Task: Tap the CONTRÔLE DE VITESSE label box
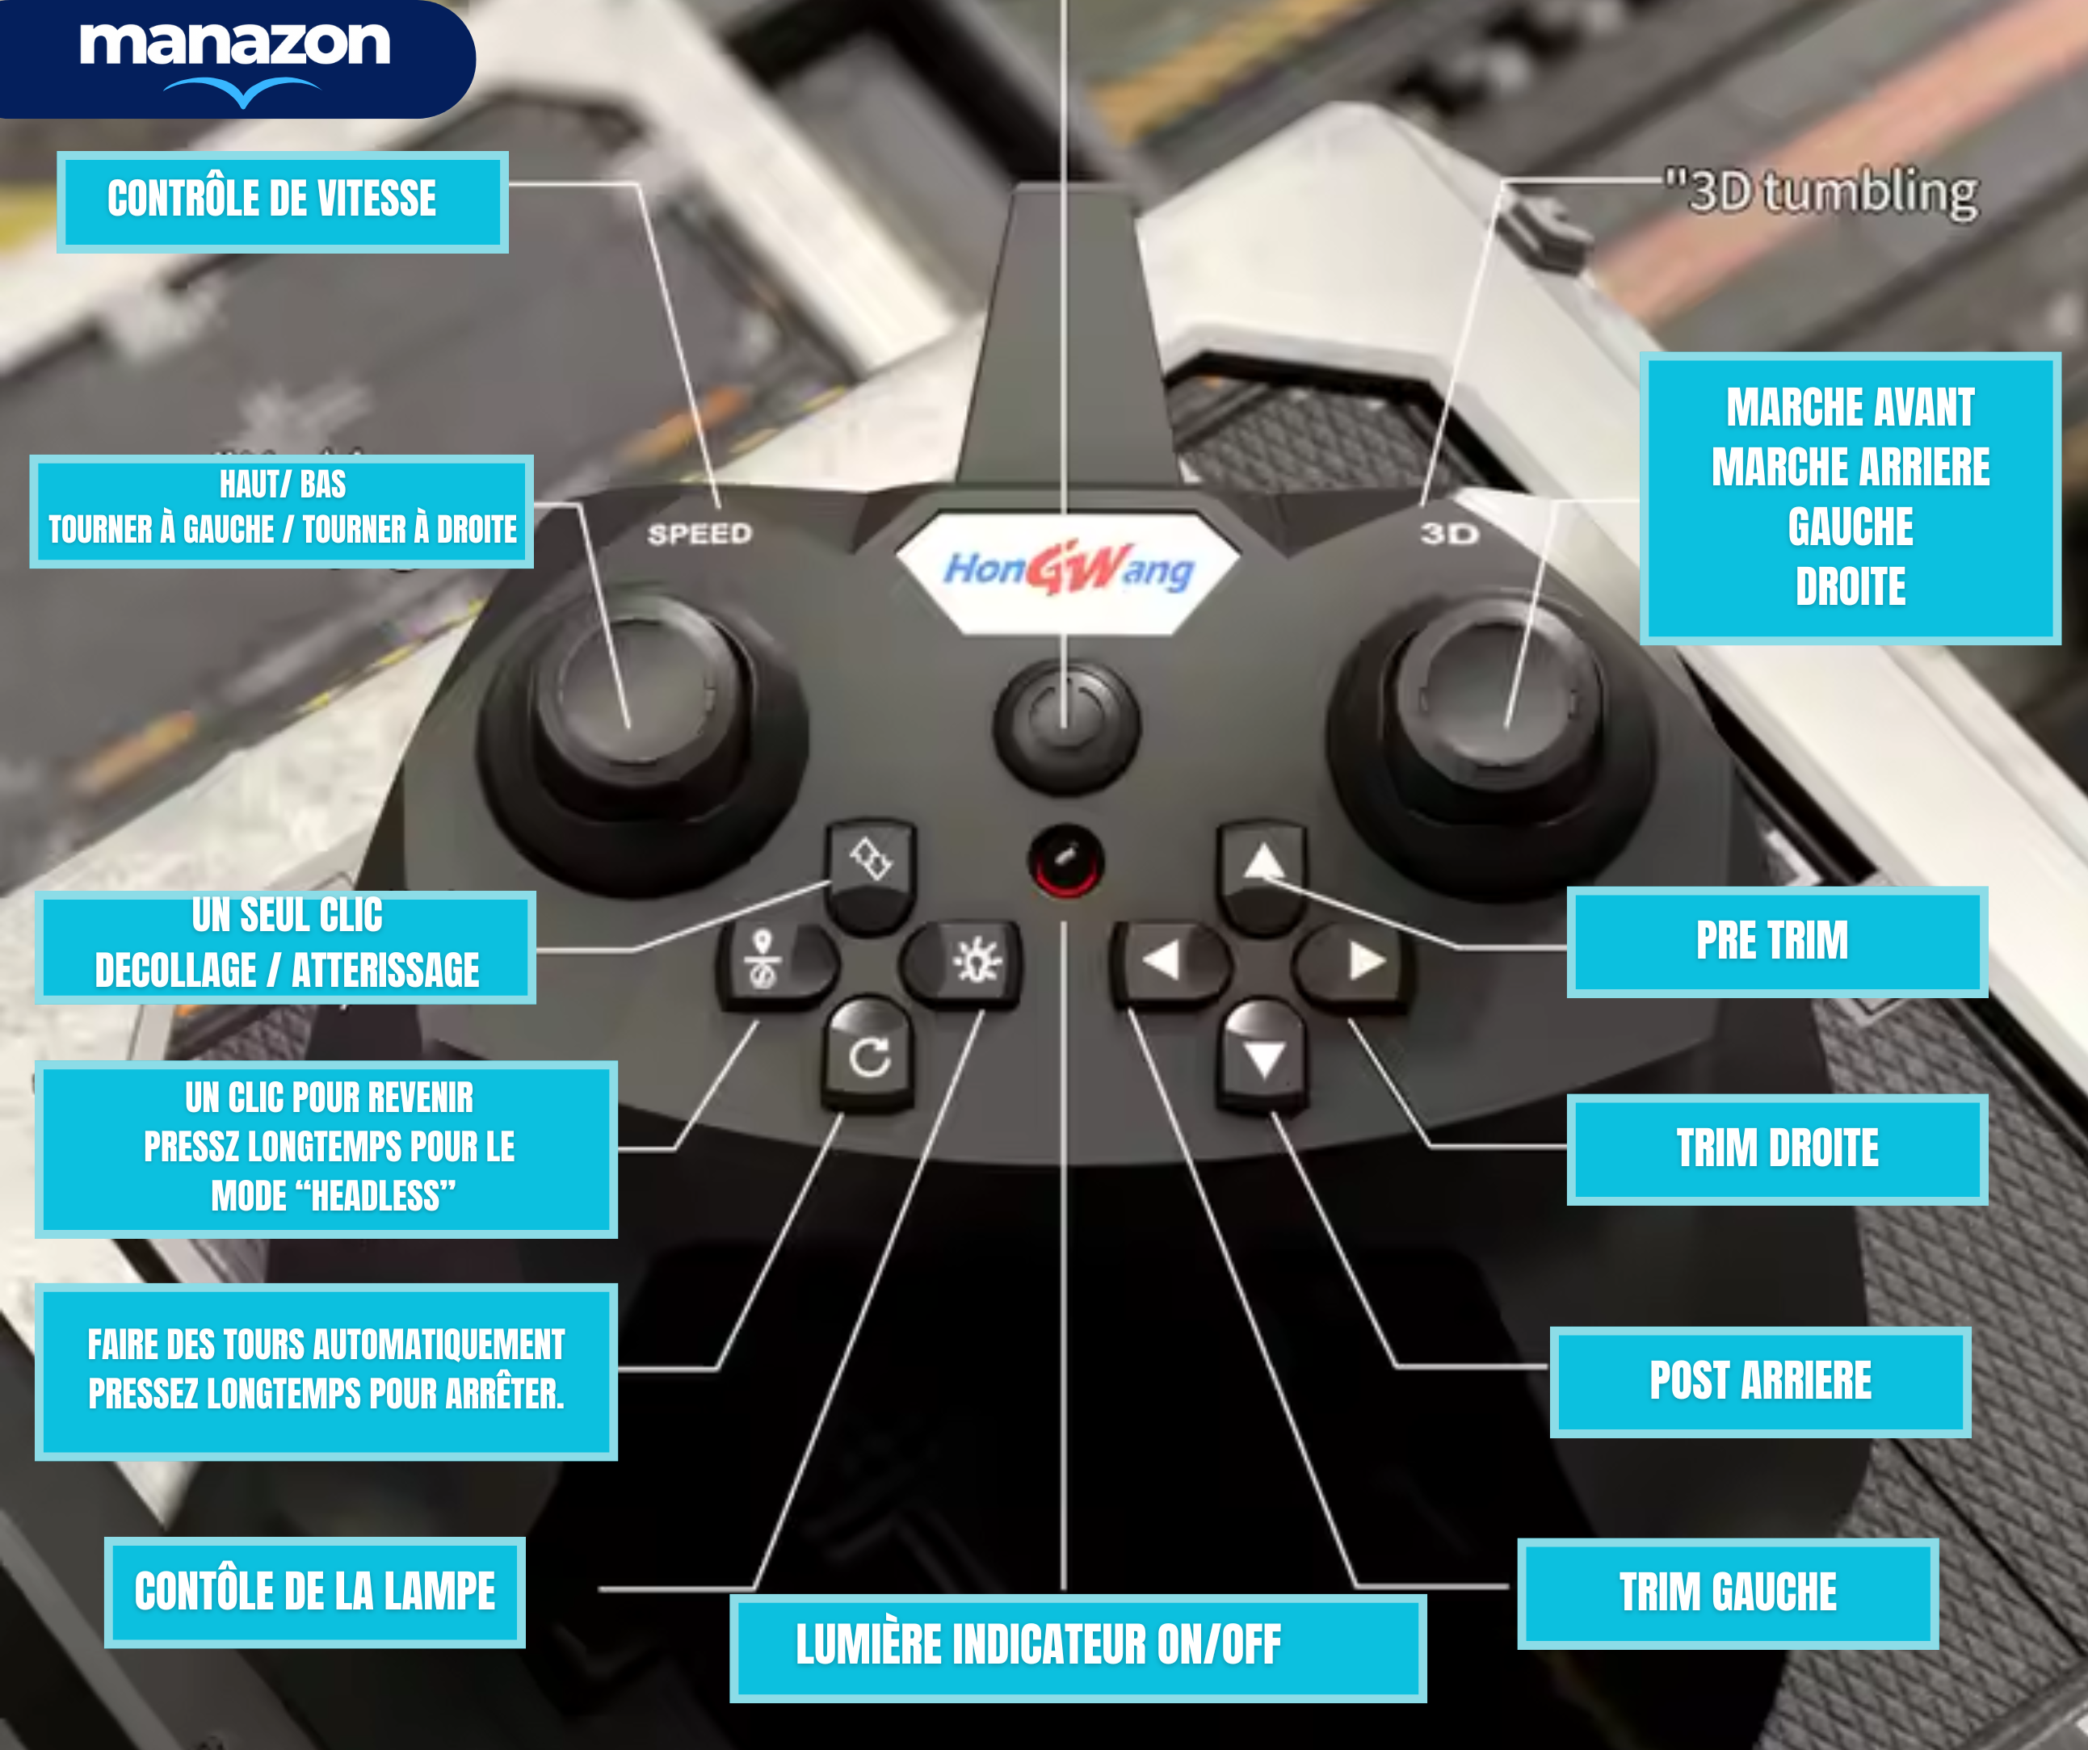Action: (x=283, y=202)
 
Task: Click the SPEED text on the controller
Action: (x=699, y=534)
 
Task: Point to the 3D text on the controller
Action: (x=1448, y=534)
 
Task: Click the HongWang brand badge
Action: (x=1067, y=571)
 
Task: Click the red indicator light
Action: (x=1065, y=860)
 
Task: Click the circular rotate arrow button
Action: (x=869, y=1056)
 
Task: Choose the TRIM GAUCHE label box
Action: (x=1727, y=1592)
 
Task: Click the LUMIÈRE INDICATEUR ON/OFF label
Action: (x=1078, y=1647)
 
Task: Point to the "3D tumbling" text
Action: (x=1821, y=192)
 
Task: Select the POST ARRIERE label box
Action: (x=1760, y=1381)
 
